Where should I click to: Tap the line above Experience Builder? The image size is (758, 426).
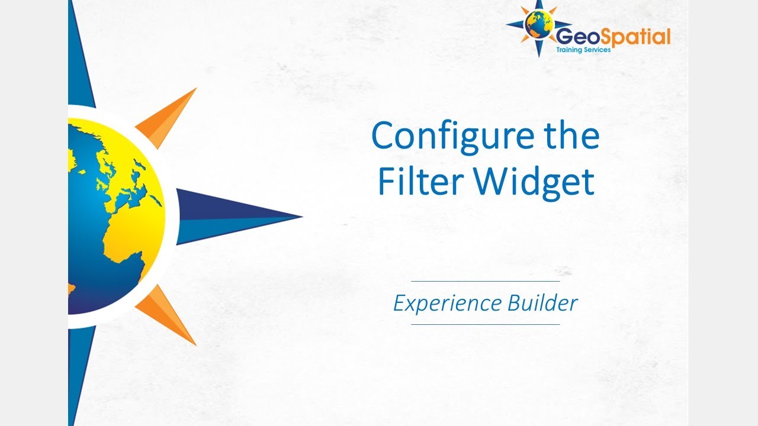click(x=485, y=282)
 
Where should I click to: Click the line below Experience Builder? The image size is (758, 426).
click(x=485, y=324)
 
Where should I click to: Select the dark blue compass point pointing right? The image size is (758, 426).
click(x=237, y=217)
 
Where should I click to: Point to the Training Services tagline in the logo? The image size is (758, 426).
click(x=583, y=50)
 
